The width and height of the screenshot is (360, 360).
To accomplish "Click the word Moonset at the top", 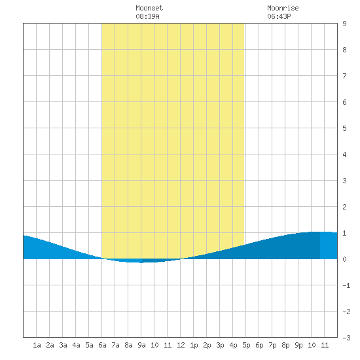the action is (x=149, y=8).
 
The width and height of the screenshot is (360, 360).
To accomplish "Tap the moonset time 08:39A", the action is (x=147, y=16).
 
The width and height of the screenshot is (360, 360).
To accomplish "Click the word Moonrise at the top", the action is (x=283, y=8).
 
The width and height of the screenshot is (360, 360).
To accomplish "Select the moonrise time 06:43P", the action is (x=279, y=16).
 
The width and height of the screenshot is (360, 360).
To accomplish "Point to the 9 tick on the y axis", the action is (x=344, y=24).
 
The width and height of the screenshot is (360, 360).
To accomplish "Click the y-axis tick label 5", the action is (x=344, y=128).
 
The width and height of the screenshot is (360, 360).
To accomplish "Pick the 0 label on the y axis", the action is (x=344, y=259).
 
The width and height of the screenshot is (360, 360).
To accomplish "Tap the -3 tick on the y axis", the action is (x=346, y=338).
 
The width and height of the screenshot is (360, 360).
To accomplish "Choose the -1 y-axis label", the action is (x=346, y=285).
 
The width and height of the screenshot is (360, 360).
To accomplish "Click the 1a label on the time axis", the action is (x=37, y=345).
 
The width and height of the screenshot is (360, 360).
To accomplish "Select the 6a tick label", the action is (x=102, y=345).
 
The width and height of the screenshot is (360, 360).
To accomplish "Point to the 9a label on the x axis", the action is (x=141, y=345).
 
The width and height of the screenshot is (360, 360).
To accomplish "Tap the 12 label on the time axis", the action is (x=181, y=345).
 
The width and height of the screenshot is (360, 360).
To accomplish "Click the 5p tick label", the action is (x=246, y=345).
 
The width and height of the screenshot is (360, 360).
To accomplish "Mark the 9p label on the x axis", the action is (x=298, y=345).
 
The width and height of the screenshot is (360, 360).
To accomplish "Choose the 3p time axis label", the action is (x=220, y=345).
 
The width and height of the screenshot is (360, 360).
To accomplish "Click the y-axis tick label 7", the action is (x=344, y=76).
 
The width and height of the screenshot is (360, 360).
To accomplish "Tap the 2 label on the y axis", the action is (x=344, y=207).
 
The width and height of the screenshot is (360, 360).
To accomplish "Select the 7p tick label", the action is (x=272, y=345).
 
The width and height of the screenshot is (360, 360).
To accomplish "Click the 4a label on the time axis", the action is (x=76, y=345).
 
